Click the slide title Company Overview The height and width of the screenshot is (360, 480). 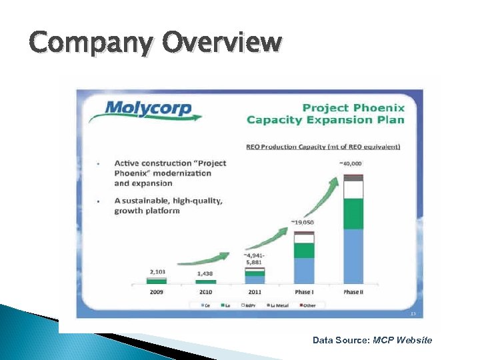pos(155,42)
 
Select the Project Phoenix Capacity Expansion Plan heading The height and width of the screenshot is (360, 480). pos(325,114)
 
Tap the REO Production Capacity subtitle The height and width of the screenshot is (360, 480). pos(323,147)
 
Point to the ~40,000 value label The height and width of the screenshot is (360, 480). pos(351,163)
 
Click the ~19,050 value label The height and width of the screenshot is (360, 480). pos(303,222)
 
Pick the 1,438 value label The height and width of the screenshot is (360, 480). pos(205,273)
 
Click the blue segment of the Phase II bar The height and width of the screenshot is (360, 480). pos(353,257)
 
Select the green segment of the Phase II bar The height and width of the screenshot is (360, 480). pos(353,213)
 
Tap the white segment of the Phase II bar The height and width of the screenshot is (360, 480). pos(353,190)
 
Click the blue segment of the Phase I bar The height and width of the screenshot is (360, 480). pos(304,271)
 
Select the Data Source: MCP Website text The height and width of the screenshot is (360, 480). pos(372,340)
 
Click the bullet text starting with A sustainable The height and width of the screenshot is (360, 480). pos(168,205)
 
